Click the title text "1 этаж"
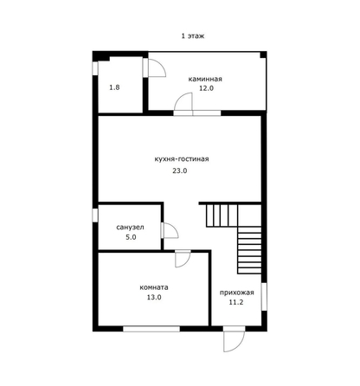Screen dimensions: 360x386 [193, 36]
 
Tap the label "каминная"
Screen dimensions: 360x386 [205, 79]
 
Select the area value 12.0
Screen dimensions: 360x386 [206, 88]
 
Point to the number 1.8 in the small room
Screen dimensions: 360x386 [114, 87]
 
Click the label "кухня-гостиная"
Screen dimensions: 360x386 [182, 159]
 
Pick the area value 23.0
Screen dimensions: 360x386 [180, 170]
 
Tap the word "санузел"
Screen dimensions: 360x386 [130, 228]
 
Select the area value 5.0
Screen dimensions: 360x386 [131, 237]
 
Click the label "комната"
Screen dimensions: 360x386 [154, 287]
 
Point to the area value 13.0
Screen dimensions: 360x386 [154, 297]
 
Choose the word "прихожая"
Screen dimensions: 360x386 [237, 293]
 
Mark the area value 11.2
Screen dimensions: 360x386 [236, 302]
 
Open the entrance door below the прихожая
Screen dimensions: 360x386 [234, 339]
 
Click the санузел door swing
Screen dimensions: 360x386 [170, 230]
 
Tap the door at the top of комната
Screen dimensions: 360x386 [183, 259]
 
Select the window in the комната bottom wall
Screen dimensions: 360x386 [151, 329]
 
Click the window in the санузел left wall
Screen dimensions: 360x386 [95, 216]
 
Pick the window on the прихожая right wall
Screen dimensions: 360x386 [264, 297]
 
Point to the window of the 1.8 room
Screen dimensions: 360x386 [95, 68]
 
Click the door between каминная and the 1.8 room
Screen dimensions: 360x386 [155, 68]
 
